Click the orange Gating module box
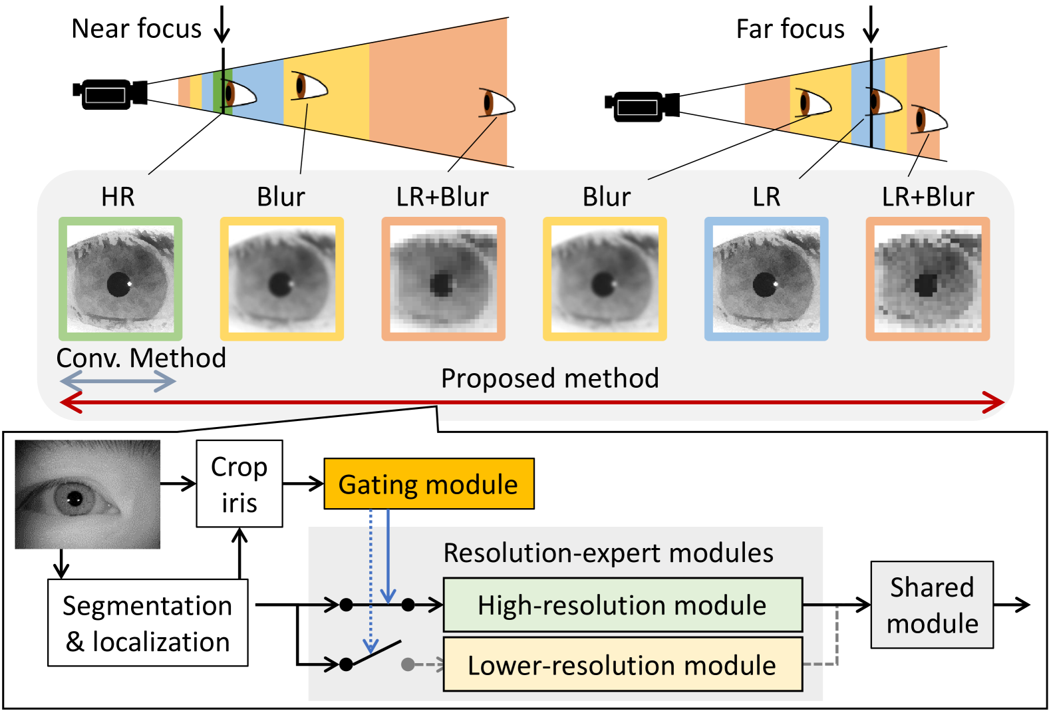(428, 484)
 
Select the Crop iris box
(239, 484)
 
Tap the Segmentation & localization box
(148, 623)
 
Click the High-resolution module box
(623, 605)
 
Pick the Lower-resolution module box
(623, 664)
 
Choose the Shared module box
(932, 605)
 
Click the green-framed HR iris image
(120, 279)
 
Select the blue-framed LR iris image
(766, 279)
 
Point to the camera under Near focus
(110, 93)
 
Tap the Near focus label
(136, 29)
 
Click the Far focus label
(790, 29)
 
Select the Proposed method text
(550, 378)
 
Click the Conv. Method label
(141, 358)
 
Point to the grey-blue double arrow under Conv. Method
(118, 381)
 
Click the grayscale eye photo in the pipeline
(88, 494)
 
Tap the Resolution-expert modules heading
(608, 553)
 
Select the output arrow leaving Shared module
(1012, 605)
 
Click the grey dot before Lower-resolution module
(408, 664)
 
